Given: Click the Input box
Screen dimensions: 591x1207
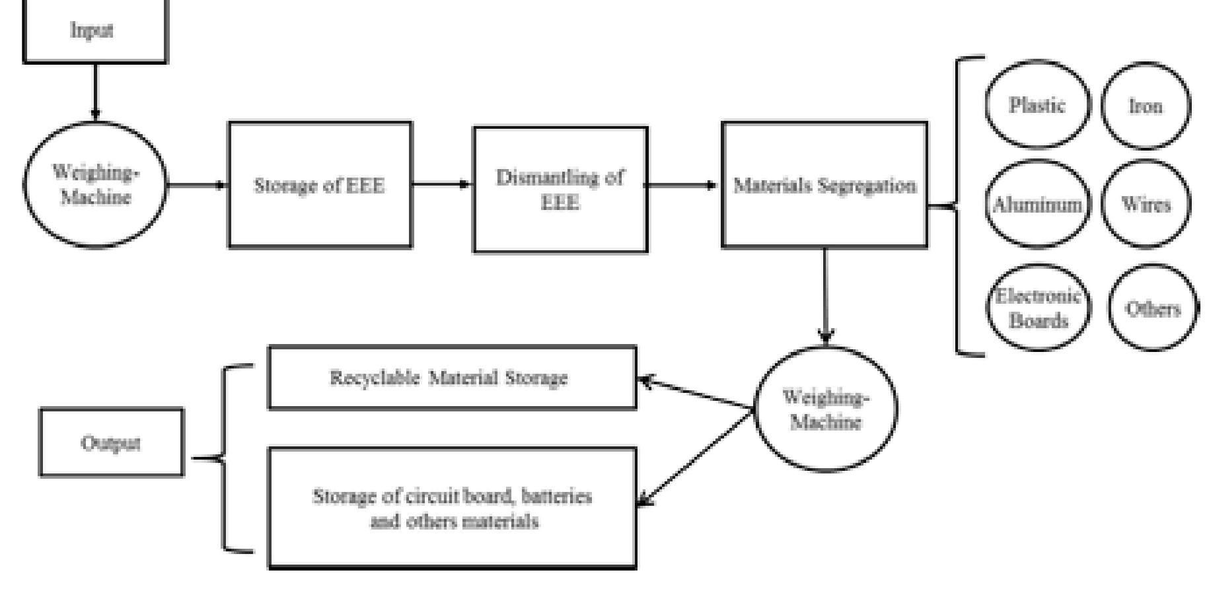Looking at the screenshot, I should tap(94, 31).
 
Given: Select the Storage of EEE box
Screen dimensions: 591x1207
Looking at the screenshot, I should tap(320, 185).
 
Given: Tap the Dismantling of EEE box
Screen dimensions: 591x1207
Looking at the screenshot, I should tap(560, 190).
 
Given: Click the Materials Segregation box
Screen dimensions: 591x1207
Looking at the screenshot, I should tap(824, 185).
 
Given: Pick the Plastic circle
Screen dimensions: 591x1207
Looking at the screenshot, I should tap(1037, 105).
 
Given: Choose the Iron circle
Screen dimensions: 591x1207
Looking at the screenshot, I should tap(1145, 106).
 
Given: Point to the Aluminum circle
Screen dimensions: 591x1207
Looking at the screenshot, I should tap(1037, 204).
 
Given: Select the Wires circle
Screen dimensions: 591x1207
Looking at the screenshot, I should tap(1145, 204).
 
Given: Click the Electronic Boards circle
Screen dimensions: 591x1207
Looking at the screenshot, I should tap(1038, 308).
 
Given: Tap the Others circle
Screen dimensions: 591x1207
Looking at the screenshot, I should tap(1152, 308).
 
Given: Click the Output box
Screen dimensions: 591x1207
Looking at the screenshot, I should tap(111, 442).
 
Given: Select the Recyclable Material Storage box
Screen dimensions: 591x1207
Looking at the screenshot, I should tap(452, 378).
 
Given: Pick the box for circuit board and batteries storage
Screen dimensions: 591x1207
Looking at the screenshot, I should tap(452, 508).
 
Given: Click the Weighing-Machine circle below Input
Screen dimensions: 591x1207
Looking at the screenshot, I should tap(95, 185).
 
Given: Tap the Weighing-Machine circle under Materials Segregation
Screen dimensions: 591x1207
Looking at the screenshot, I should tap(825, 409).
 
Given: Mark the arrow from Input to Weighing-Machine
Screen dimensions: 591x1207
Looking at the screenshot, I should tap(94, 92).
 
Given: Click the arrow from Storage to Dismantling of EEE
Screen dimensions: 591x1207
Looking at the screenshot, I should tap(441, 184).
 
